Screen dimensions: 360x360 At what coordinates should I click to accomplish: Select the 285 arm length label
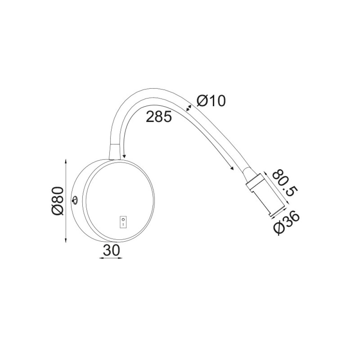[x=159, y=117]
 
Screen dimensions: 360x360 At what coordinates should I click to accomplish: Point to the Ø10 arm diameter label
[x=212, y=101]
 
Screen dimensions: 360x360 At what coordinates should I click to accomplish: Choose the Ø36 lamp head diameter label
[x=287, y=223]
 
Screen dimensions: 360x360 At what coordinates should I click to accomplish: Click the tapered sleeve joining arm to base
[x=114, y=152]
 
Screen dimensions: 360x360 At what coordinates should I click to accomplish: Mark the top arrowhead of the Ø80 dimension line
[x=66, y=161]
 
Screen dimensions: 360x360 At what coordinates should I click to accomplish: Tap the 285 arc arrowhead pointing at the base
[x=124, y=156]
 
